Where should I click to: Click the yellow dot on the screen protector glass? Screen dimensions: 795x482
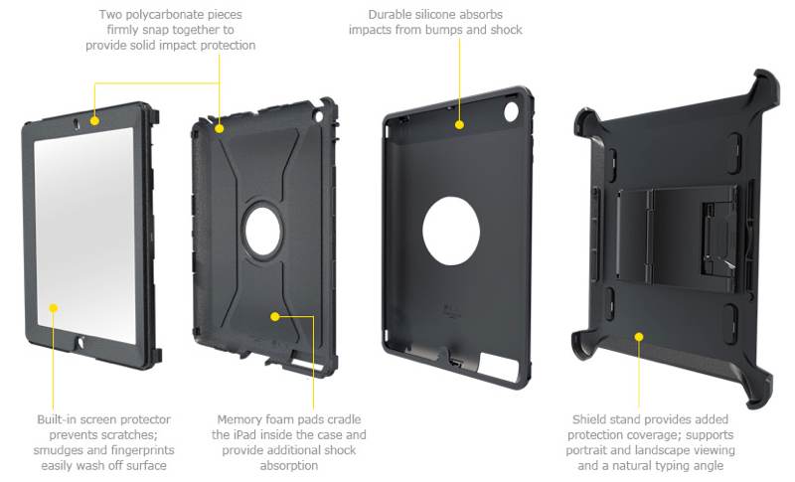pyautogui.click(x=54, y=308)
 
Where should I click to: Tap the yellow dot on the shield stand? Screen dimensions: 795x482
pyautogui.click(x=639, y=337)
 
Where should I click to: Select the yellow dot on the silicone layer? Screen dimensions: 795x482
pyautogui.click(x=459, y=124)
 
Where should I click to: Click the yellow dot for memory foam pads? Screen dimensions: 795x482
pyautogui.click(x=275, y=317)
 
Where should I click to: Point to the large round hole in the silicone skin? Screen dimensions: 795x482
pyautogui.click(x=451, y=231)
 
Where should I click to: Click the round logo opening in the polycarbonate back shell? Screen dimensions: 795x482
pyautogui.click(x=262, y=232)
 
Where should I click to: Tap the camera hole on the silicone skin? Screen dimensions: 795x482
pyautogui.click(x=511, y=111)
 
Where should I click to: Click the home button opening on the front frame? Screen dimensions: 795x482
pyautogui.click(x=80, y=342)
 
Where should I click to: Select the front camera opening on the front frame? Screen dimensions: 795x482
pyautogui.click(x=77, y=123)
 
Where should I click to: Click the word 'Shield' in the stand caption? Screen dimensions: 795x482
pyautogui.click(x=588, y=419)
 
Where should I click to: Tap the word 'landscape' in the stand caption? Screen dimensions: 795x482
pyautogui.click(x=675, y=450)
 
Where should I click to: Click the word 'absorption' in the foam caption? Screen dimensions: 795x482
pyautogui.click(x=289, y=465)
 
